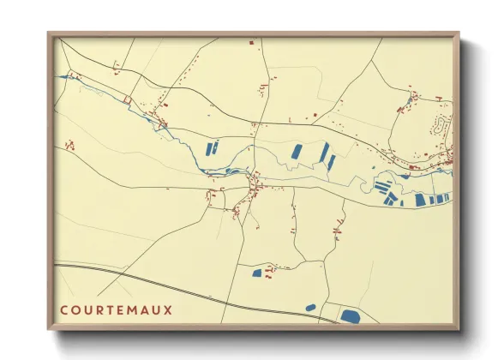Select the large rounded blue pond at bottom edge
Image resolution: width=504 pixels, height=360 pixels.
[349, 316]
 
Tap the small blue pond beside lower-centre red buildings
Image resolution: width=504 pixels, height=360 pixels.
[256, 273]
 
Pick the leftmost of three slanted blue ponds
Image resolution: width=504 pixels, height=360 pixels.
[297, 152]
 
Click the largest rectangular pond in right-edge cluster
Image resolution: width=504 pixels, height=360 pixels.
[420, 200]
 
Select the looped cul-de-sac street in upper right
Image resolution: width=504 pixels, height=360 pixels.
[443, 126]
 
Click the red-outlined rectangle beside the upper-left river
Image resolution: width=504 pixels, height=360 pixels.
[127, 100]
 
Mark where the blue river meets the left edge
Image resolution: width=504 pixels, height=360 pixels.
[58, 76]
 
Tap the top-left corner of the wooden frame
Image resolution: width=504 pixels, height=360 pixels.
[49, 33]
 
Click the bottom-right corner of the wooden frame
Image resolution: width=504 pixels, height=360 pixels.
[459, 329]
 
